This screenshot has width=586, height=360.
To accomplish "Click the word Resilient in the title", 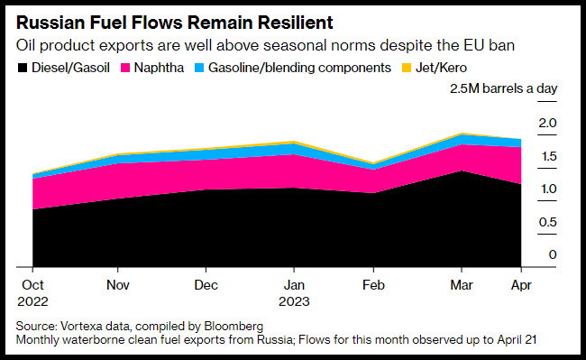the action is click(x=295, y=23).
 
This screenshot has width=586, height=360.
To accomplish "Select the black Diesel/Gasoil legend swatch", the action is click(x=23, y=68).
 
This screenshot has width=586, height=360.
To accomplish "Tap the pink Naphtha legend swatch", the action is click(x=124, y=68).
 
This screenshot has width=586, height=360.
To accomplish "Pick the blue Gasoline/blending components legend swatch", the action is click(x=199, y=68).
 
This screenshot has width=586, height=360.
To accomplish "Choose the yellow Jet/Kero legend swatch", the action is click(x=407, y=68).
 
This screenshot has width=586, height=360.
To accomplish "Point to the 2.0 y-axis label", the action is click(x=547, y=123).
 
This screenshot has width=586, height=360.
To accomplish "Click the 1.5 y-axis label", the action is click(x=549, y=156).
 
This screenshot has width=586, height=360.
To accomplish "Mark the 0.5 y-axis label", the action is click(x=548, y=223).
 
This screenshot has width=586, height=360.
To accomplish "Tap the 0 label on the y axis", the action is click(x=553, y=254).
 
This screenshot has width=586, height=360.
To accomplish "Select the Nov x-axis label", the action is click(x=118, y=285).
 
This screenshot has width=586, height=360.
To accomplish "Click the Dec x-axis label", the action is click(x=206, y=285).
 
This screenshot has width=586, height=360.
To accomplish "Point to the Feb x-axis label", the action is click(x=373, y=285).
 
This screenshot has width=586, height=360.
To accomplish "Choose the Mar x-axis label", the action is click(x=462, y=285).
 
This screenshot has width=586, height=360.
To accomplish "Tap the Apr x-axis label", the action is click(x=521, y=286).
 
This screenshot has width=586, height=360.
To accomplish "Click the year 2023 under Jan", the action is click(x=294, y=301).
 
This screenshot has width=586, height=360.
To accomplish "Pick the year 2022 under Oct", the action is click(x=32, y=301).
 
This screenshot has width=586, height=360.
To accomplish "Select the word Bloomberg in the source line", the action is click(x=233, y=327).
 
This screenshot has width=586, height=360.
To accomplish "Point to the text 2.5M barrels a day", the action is click(x=503, y=89).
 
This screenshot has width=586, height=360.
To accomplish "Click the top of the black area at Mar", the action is click(x=462, y=171).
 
